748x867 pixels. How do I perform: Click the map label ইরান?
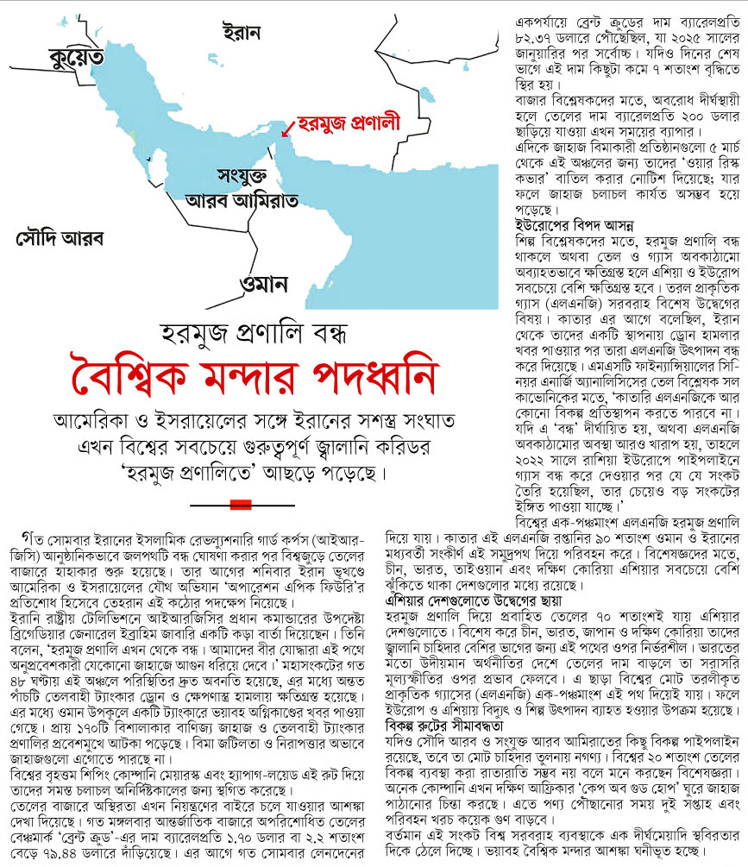pyautogui.click(x=241, y=32)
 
